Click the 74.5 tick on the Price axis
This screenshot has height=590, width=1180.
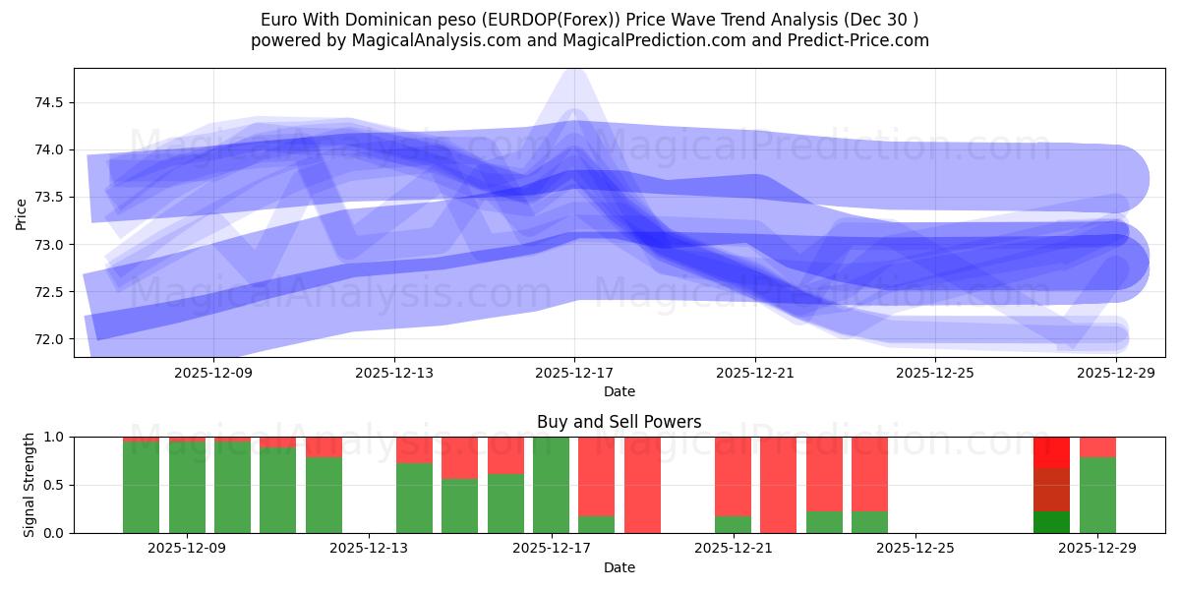50,102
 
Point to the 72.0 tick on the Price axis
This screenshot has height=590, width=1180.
50,339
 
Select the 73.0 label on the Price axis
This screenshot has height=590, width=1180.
50,245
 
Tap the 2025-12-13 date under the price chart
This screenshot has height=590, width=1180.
394,373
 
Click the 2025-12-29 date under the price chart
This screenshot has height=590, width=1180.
1116,373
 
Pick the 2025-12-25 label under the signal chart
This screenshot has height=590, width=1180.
915,549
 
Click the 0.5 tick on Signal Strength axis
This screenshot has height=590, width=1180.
55,486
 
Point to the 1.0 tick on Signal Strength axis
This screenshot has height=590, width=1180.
55,438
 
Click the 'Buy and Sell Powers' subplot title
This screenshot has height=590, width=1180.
619,422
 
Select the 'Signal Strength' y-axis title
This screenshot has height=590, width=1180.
29,485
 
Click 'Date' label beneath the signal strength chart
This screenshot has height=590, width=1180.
619,567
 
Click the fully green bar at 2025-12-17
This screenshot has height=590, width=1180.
551,485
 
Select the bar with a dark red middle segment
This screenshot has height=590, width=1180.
1051,490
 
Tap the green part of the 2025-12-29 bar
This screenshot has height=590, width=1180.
1097,496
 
